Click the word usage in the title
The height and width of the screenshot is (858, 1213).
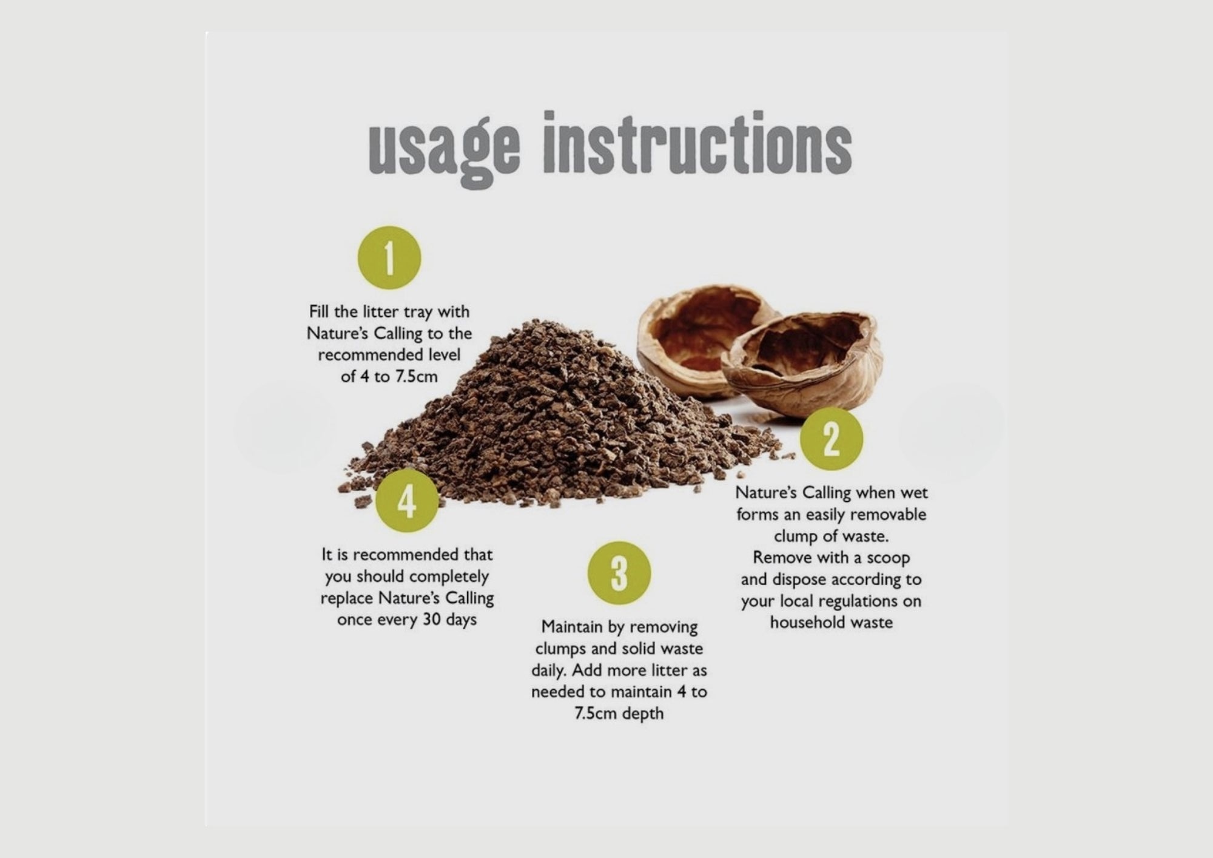pyautogui.click(x=445, y=148)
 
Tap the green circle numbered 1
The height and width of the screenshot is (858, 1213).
pyautogui.click(x=389, y=257)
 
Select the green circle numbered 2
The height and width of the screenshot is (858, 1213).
pyautogui.click(x=831, y=438)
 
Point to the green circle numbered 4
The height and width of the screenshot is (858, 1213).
pyautogui.click(x=406, y=501)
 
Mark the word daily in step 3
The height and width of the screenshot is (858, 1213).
pyautogui.click(x=548, y=671)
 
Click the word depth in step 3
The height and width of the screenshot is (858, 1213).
pyautogui.click(x=644, y=714)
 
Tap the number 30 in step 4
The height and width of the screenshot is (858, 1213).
pyautogui.click(x=432, y=620)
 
